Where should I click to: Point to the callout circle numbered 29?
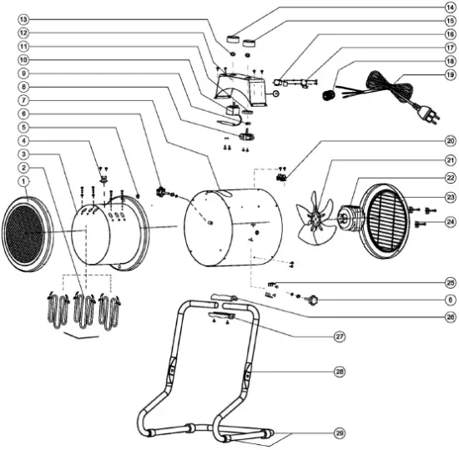point(339,432)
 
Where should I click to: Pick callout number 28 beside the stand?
point(339,370)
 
